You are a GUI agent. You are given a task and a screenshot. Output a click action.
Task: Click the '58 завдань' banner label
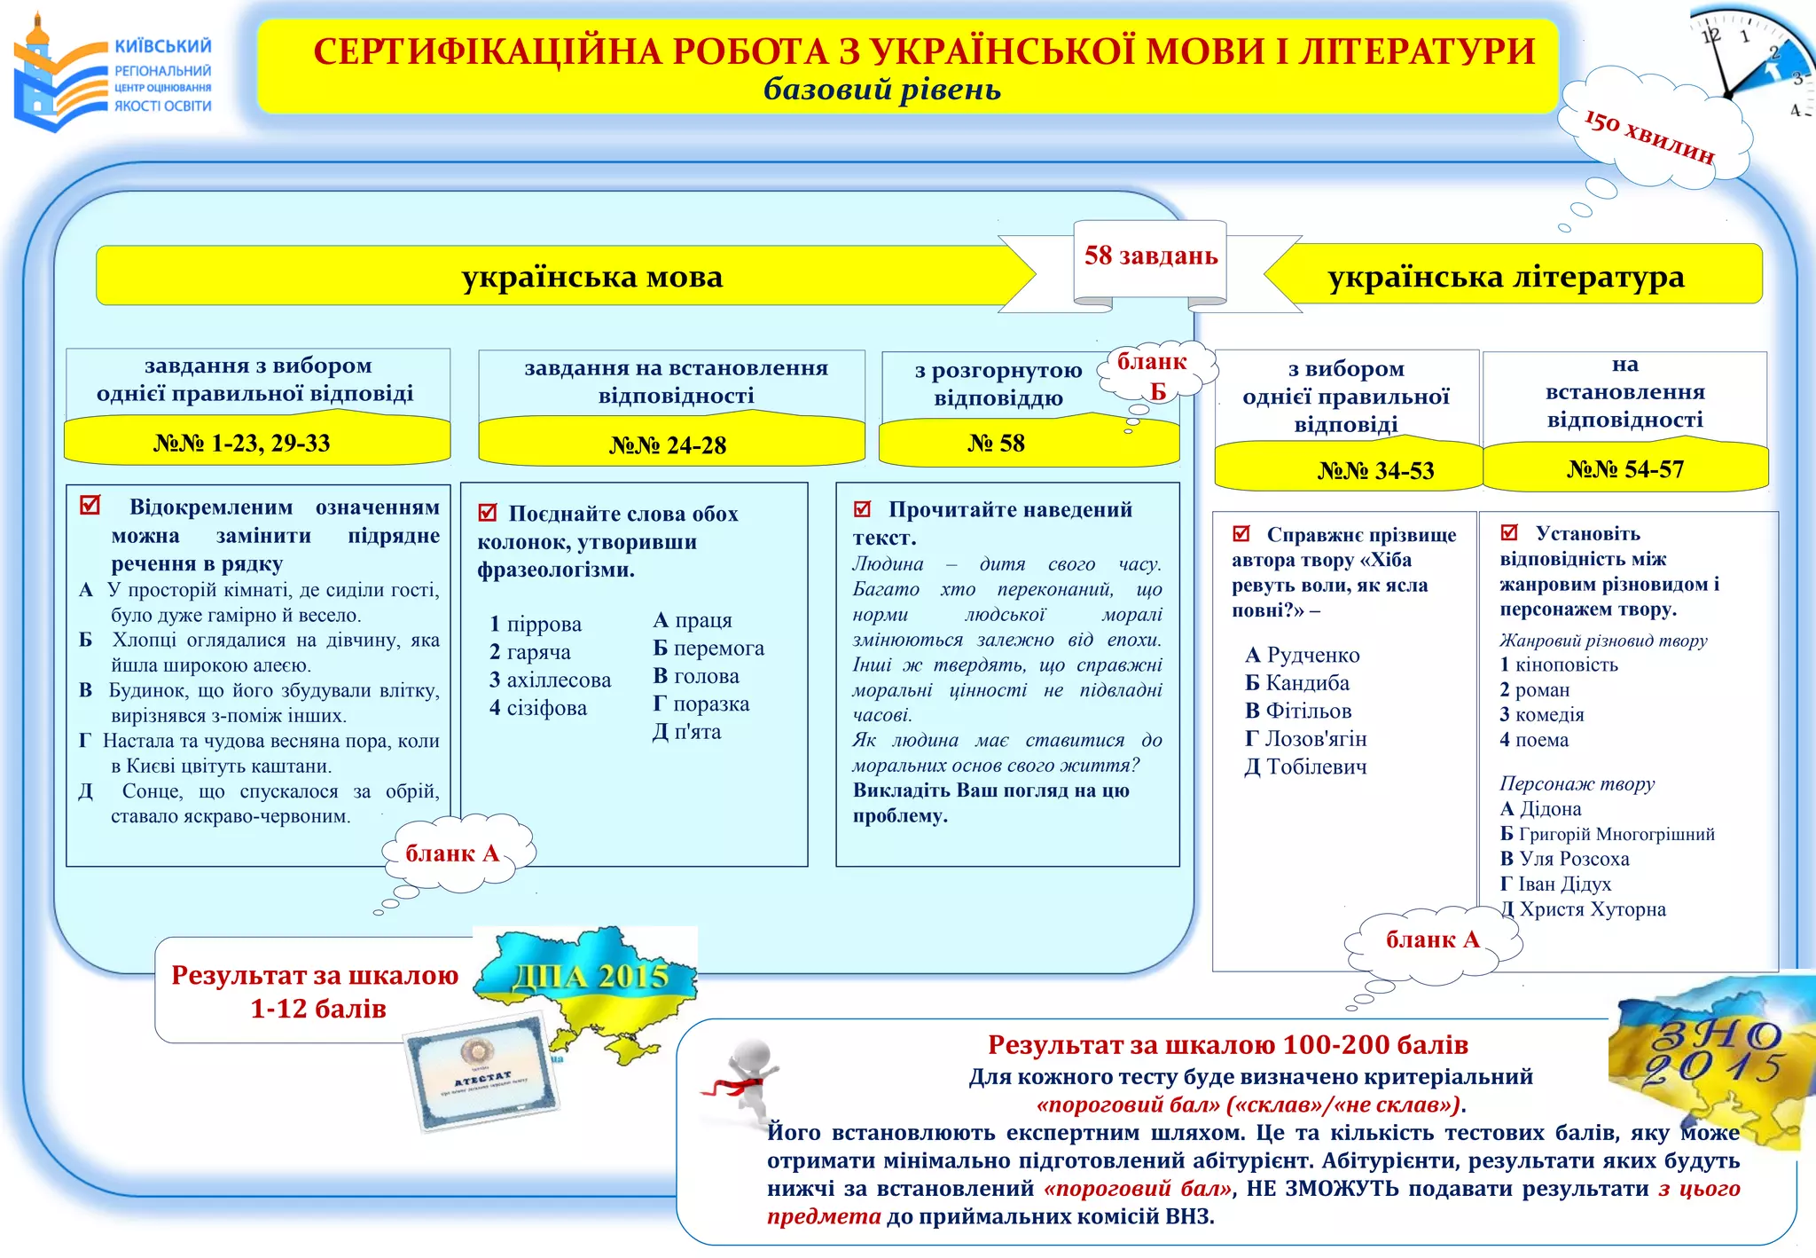[x=1150, y=256]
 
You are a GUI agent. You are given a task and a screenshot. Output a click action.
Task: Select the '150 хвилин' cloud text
[x=1648, y=137]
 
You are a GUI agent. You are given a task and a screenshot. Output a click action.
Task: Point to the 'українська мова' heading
[x=591, y=277]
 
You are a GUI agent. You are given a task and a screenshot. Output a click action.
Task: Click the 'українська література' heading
[x=1505, y=277]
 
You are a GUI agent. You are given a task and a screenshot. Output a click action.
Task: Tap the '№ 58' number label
[x=996, y=443]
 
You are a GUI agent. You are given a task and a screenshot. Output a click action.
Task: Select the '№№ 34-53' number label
[x=1375, y=470]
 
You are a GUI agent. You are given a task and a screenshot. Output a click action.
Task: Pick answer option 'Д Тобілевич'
[x=1305, y=767]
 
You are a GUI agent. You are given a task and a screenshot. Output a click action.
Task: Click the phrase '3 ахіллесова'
[x=550, y=680]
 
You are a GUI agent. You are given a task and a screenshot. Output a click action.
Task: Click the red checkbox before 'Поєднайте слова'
[x=487, y=513]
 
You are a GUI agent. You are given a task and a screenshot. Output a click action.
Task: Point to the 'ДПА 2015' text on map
[x=590, y=977]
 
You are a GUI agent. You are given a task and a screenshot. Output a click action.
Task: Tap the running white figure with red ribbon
[x=741, y=1082]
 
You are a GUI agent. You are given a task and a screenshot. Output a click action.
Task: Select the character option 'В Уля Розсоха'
[x=1564, y=859]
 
